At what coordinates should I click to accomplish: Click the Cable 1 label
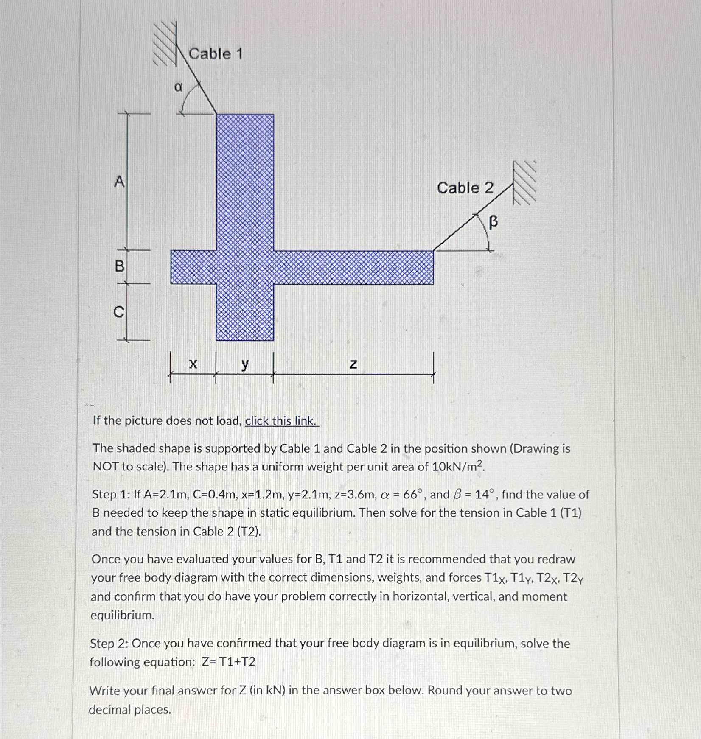point(216,54)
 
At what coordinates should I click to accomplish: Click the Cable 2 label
point(465,188)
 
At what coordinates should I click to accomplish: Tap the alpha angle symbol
point(178,87)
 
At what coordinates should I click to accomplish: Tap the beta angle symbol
point(493,221)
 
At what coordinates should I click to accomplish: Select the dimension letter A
point(120,182)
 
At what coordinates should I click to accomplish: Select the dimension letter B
point(120,266)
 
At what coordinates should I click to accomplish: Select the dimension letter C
point(119,312)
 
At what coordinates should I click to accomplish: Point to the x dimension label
point(193,364)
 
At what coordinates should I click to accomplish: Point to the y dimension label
point(245,364)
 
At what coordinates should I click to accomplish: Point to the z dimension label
point(353,364)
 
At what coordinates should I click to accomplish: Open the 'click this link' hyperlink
point(281,421)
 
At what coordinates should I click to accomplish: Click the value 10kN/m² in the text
point(458,467)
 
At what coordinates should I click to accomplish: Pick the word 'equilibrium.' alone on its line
point(123,615)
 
